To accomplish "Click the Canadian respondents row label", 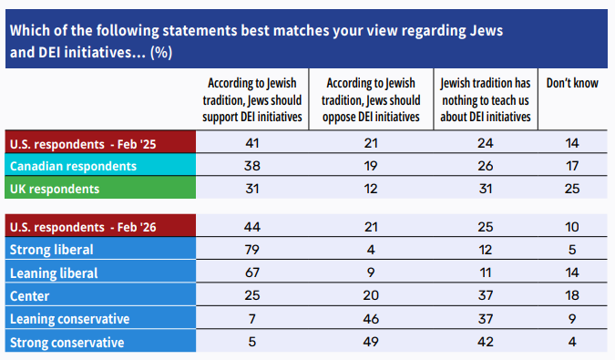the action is pyautogui.click(x=73, y=166).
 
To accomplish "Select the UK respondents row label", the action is pyautogui.click(x=55, y=189).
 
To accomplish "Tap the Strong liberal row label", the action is pyautogui.click(x=51, y=250).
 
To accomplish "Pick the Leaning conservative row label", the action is pyautogui.click(x=69, y=319).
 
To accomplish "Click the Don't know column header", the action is pyautogui.click(x=572, y=83).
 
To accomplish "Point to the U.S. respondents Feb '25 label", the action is pyautogui.click(x=83, y=144).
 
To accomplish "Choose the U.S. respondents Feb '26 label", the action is pyautogui.click(x=83, y=228).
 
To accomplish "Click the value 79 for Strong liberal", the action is pyautogui.click(x=252, y=250).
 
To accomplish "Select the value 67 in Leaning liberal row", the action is pyautogui.click(x=252, y=273).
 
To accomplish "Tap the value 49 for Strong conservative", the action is pyautogui.click(x=371, y=342).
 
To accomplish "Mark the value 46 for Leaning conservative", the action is pyautogui.click(x=371, y=319).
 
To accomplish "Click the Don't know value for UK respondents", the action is pyautogui.click(x=572, y=189).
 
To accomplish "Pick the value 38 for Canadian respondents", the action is pyautogui.click(x=252, y=166).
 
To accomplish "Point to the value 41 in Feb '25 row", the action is pyautogui.click(x=252, y=143).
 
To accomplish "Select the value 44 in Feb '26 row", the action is pyautogui.click(x=252, y=227).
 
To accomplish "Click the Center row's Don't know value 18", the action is pyautogui.click(x=572, y=295).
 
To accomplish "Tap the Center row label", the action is pyautogui.click(x=29, y=296).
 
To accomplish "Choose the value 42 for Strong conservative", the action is pyautogui.click(x=486, y=342).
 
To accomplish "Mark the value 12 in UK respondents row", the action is pyautogui.click(x=371, y=189).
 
